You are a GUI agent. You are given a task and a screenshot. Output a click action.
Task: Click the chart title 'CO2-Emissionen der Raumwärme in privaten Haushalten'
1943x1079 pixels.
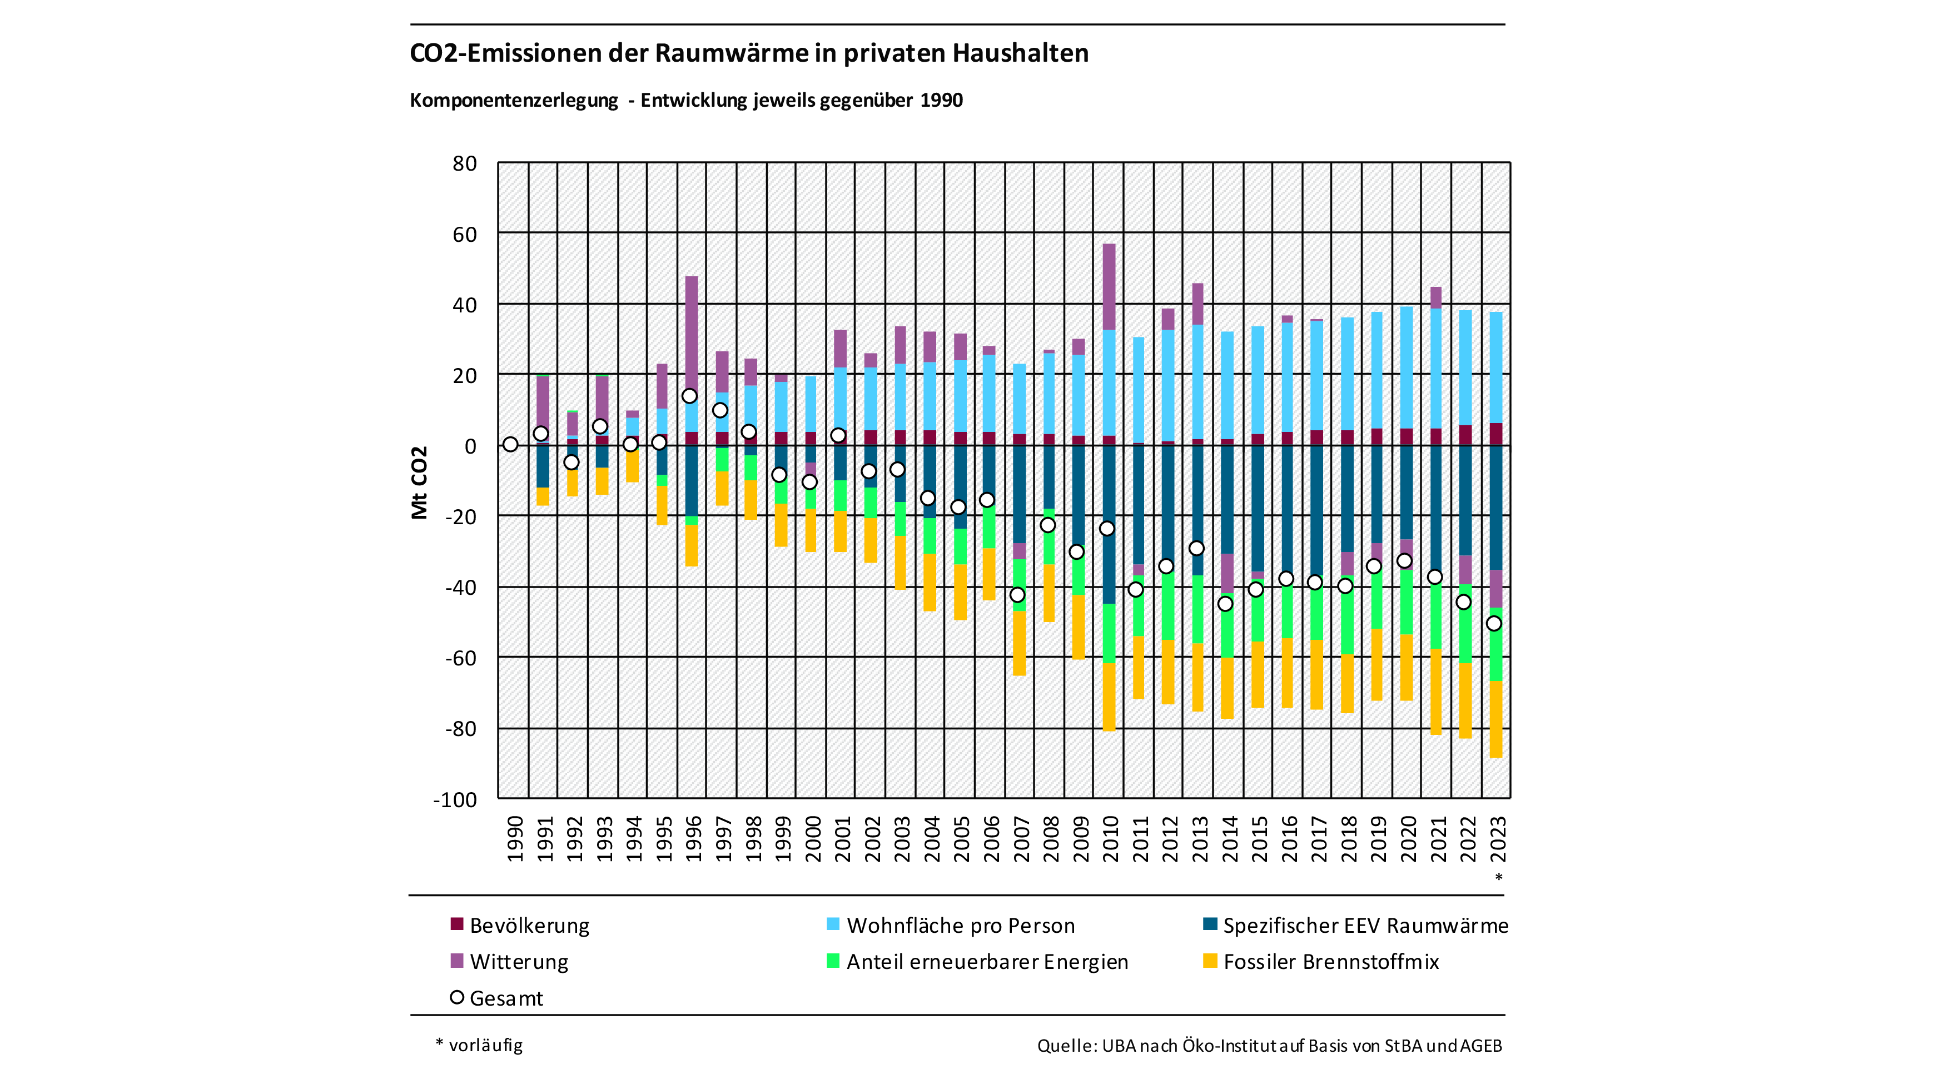pyautogui.click(x=748, y=53)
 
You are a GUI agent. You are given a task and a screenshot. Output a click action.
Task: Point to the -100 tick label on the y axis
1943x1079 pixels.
pyautogui.click(x=455, y=799)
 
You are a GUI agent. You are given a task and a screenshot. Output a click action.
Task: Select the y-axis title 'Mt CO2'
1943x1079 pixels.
pyautogui.click(x=419, y=483)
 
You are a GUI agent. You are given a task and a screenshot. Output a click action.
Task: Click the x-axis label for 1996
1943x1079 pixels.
pyautogui.click(x=693, y=838)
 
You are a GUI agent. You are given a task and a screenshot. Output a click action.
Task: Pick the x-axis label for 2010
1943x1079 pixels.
pyautogui.click(x=1110, y=838)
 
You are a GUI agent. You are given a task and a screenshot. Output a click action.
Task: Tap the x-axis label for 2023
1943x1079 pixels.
pyautogui.click(x=1497, y=838)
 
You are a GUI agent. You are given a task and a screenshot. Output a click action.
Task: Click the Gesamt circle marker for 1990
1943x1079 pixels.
pyautogui.click(x=511, y=444)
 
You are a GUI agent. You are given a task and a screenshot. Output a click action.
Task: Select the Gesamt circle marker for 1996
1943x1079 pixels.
pyautogui.click(x=689, y=396)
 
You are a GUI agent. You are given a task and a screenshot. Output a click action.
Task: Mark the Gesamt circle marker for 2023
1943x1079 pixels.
pyautogui.click(x=1493, y=624)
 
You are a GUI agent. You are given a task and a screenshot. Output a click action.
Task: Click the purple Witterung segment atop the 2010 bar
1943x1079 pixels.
pyautogui.click(x=1109, y=286)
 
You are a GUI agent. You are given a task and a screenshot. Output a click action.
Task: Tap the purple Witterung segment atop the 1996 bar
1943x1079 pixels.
pyautogui.click(x=692, y=332)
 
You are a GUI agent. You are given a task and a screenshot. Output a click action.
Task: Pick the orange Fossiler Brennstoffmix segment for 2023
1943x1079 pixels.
pyautogui.click(x=1495, y=719)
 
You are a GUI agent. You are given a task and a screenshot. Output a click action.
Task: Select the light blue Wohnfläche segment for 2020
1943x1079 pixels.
pyautogui.click(x=1407, y=367)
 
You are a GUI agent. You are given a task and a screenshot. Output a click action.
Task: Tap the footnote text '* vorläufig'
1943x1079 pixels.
pyautogui.click(x=480, y=1045)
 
